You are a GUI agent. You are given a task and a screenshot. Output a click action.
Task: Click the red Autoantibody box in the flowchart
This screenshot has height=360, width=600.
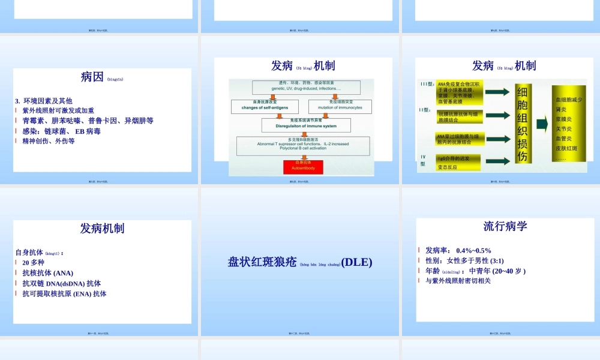(303, 166)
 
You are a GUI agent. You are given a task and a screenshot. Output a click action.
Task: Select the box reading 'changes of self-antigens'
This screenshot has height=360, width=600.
(265, 106)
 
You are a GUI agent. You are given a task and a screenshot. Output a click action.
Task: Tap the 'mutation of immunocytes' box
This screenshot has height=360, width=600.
(340, 106)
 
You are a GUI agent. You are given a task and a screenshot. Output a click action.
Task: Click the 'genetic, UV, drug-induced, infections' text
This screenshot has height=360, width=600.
(306, 88)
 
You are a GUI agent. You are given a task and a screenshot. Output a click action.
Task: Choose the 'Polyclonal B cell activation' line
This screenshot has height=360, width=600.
(303, 148)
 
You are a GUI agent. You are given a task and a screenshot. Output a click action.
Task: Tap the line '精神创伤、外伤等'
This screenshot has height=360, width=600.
(49, 141)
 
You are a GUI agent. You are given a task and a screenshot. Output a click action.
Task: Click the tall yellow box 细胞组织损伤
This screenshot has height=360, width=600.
(523, 124)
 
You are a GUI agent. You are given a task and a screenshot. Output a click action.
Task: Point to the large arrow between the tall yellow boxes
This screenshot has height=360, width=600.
(542, 124)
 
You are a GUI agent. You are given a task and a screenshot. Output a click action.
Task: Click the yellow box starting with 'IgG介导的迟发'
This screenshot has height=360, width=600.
(459, 158)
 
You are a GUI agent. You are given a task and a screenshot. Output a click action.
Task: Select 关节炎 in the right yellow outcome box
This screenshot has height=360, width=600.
(564, 128)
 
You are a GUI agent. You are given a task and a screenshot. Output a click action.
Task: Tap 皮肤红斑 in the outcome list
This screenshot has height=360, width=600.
(566, 148)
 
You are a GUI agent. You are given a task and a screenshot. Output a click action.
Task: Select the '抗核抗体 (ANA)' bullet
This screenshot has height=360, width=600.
(48, 273)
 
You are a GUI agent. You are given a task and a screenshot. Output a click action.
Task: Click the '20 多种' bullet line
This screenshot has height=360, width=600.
(34, 263)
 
